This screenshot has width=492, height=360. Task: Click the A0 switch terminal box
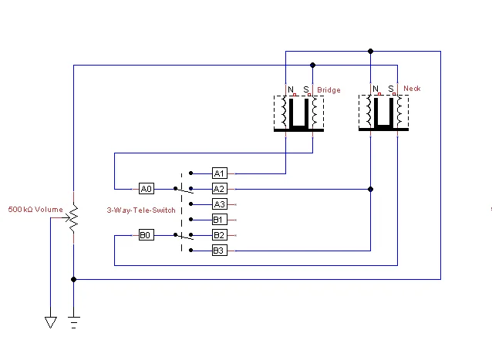pos(147,188)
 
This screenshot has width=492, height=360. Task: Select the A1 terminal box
pos(219,173)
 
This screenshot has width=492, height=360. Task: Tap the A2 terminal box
pos(219,188)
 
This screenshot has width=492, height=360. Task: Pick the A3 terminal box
pos(219,204)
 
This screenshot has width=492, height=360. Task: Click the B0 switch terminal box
pos(147,234)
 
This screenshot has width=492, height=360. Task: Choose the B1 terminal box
pos(219,220)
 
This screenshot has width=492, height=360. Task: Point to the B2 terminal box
pos(219,234)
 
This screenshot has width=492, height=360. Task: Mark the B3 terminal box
pos(219,251)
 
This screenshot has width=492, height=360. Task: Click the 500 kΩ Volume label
pos(35,209)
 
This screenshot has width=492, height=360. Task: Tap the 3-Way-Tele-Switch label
pos(136,210)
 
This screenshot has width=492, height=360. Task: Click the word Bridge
pos(329,90)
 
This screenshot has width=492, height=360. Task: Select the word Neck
pos(412,89)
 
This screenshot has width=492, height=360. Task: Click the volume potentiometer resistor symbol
pos(73,219)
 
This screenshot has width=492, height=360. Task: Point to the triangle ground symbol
pos(51,322)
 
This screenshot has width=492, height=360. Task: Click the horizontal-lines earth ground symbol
pos(73,321)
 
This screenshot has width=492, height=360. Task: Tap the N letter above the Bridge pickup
pos(291,89)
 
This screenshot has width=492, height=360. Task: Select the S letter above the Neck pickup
pos(391,89)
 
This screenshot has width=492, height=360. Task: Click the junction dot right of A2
pos(370,188)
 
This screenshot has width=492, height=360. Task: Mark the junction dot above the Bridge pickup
pos(312,66)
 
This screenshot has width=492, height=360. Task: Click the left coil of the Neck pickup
pos(369,113)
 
